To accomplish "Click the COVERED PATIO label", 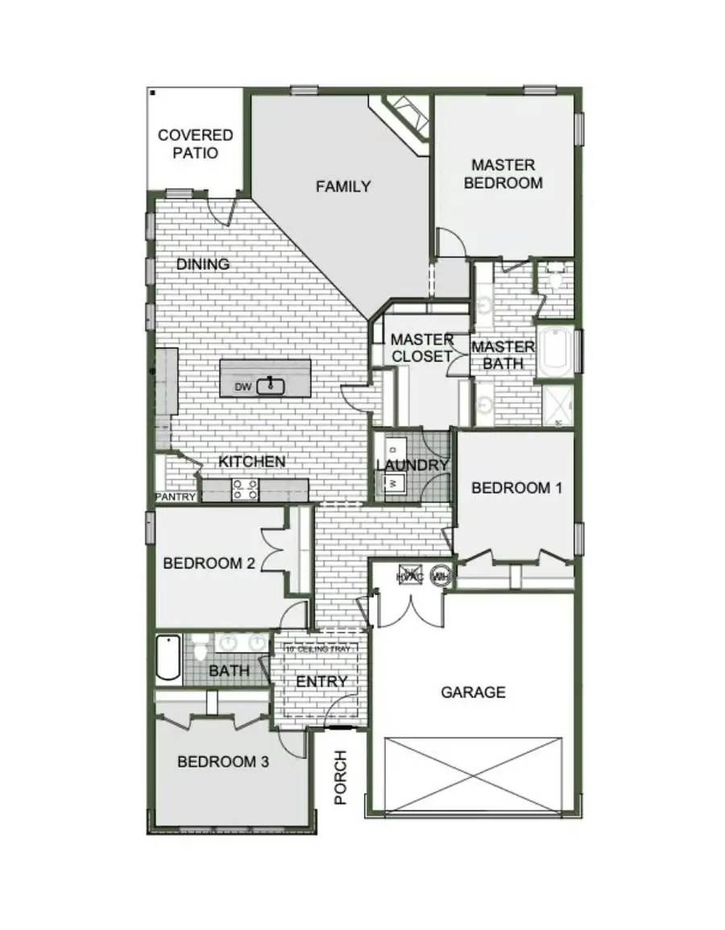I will [x=196, y=143].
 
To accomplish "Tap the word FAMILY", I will [x=343, y=187].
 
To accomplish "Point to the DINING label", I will [x=203, y=264].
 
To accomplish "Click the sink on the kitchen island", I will [x=271, y=386].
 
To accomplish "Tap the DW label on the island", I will [x=243, y=387].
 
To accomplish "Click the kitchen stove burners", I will [x=245, y=489].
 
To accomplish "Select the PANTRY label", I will [x=176, y=498].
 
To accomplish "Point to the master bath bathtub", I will [x=555, y=351].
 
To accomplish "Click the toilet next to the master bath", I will [x=556, y=279].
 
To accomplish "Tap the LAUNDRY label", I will [x=412, y=465].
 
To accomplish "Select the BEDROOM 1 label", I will [x=516, y=488].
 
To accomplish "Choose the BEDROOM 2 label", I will [x=209, y=564].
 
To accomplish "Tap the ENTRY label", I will [x=321, y=682].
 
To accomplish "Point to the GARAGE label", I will [x=473, y=692].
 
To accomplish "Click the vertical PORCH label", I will [x=341, y=778].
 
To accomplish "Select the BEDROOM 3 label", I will [x=223, y=762].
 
